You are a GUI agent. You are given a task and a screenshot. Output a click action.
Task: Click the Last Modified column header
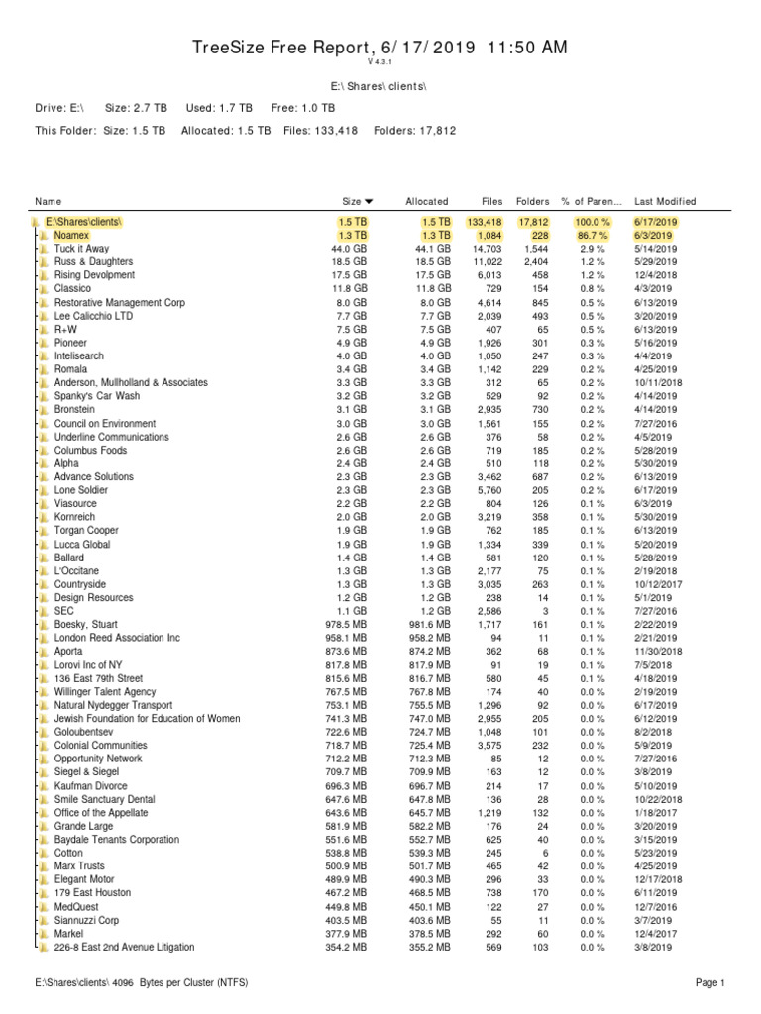[665, 201]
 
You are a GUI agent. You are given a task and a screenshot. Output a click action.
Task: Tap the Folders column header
[533, 201]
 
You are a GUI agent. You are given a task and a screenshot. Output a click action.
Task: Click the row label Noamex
[71, 235]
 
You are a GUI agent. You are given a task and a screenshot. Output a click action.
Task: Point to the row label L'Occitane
[76, 571]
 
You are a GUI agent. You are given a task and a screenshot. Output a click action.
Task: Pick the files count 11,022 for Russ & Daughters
[485, 261]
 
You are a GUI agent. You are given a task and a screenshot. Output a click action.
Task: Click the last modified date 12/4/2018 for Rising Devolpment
[656, 275]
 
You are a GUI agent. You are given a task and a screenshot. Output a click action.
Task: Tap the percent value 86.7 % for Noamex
[592, 235]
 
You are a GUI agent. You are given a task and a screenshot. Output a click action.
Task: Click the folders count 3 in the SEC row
[544, 612]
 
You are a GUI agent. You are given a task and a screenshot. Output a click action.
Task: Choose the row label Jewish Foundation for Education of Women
[148, 718]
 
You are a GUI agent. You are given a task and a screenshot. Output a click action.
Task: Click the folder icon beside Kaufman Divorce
[45, 785]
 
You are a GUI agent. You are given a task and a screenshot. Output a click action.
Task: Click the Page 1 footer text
[709, 983]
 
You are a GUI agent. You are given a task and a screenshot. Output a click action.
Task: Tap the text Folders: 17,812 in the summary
[413, 131]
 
